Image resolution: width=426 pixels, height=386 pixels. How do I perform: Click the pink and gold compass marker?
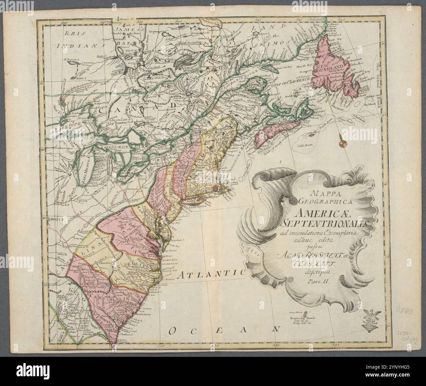342,143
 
